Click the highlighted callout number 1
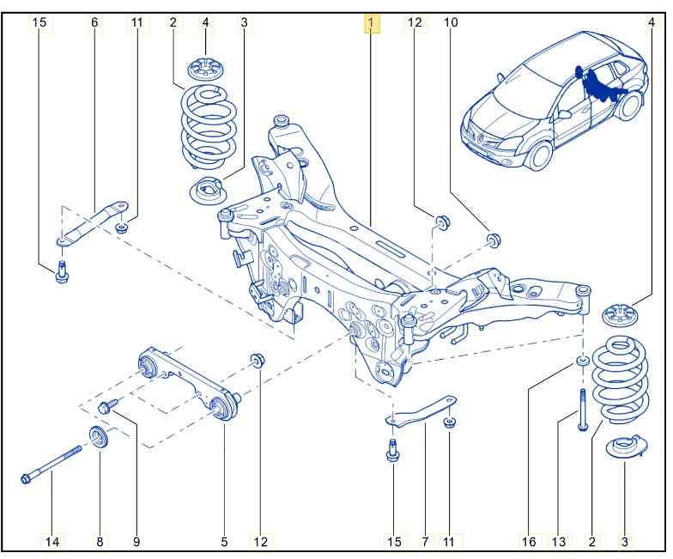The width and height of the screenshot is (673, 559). click(371, 23)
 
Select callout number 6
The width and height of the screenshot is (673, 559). click(94, 23)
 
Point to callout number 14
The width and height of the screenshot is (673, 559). click(53, 541)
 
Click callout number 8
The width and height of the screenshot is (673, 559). click(99, 541)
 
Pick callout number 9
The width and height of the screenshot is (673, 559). click(136, 541)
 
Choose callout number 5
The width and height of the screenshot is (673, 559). click(224, 541)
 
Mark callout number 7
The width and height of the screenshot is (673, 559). click(424, 541)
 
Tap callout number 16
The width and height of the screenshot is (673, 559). click(529, 541)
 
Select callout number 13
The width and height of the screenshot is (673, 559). click(559, 541)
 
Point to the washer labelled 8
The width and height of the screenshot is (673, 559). click(98, 438)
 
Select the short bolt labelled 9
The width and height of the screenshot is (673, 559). click(109, 408)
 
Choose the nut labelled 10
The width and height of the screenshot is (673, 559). click(494, 238)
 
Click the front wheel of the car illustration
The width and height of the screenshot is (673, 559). click(539, 152)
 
